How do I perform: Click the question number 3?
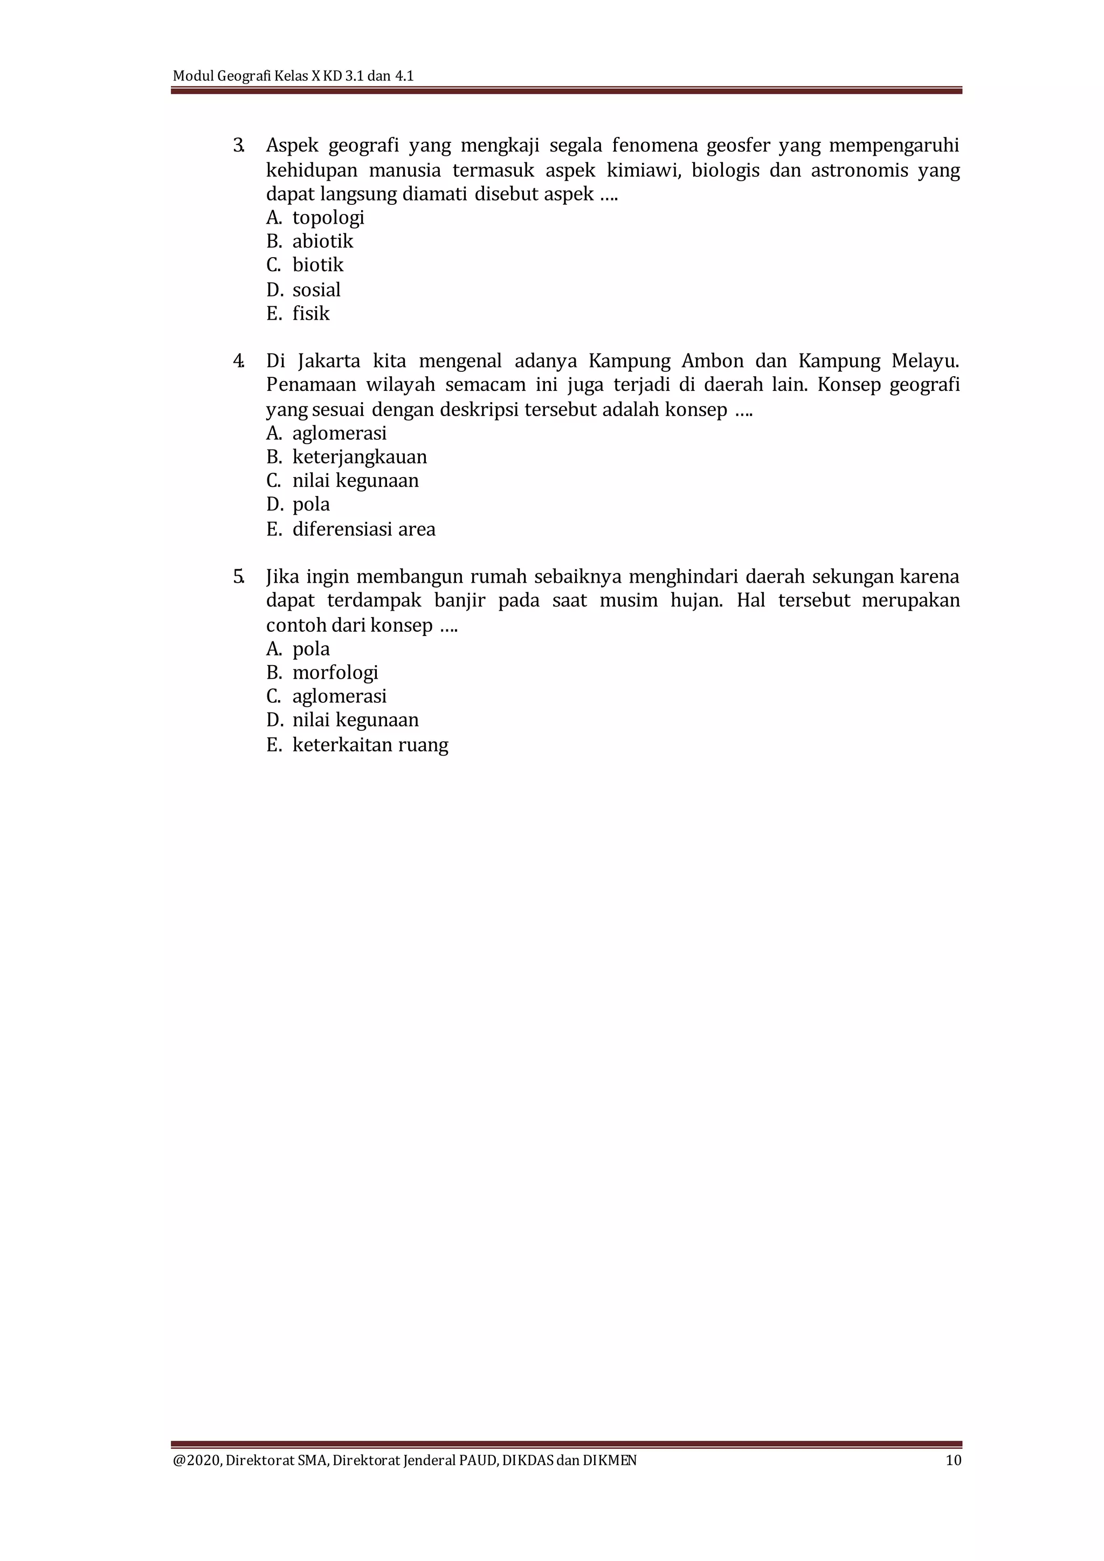238,146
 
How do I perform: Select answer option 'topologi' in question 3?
328,218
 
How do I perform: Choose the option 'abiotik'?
322,241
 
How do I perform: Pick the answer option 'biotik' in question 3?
318,265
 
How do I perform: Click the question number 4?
238,361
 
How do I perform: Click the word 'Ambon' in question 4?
713,361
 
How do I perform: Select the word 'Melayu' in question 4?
924,361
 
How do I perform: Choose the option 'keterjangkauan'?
359,457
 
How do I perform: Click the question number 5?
238,577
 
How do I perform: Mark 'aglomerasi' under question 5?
339,696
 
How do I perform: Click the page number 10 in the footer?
953,1460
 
